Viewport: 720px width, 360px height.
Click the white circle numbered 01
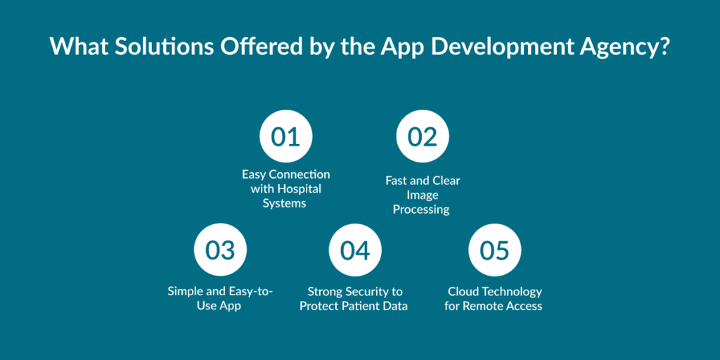click(285, 136)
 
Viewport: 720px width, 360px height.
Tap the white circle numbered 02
click(423, 136)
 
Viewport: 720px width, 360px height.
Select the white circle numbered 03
click(220, 250)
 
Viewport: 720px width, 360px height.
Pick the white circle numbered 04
click(355, 250)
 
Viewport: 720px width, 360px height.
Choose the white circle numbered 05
click(494, 250)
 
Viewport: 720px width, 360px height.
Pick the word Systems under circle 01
click(284, 203)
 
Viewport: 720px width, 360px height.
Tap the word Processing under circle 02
click(421, 210)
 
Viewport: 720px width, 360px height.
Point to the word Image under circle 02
click(423, 195)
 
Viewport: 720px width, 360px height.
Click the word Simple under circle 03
click(184, 291)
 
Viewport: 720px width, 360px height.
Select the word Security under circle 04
click(371, 292)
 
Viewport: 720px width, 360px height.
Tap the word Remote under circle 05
click(479, 306)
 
